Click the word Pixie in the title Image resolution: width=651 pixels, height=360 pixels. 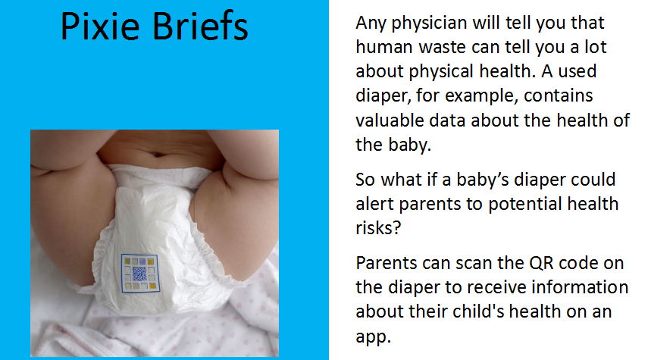tap(100, 26)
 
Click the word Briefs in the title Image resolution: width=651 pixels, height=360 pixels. tap(201, 26)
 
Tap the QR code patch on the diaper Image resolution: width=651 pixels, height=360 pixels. tap(140, 273)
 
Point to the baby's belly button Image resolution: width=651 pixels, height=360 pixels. tap(158, 154)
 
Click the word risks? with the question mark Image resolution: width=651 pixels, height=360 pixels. tap(378, 228)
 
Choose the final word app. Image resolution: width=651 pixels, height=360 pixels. tap(374, 337)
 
